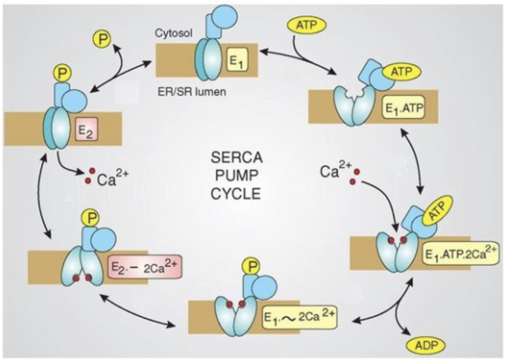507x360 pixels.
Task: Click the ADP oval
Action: click(x=425, y=343)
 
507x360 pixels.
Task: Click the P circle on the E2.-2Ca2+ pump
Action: click(x=89, y=218)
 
